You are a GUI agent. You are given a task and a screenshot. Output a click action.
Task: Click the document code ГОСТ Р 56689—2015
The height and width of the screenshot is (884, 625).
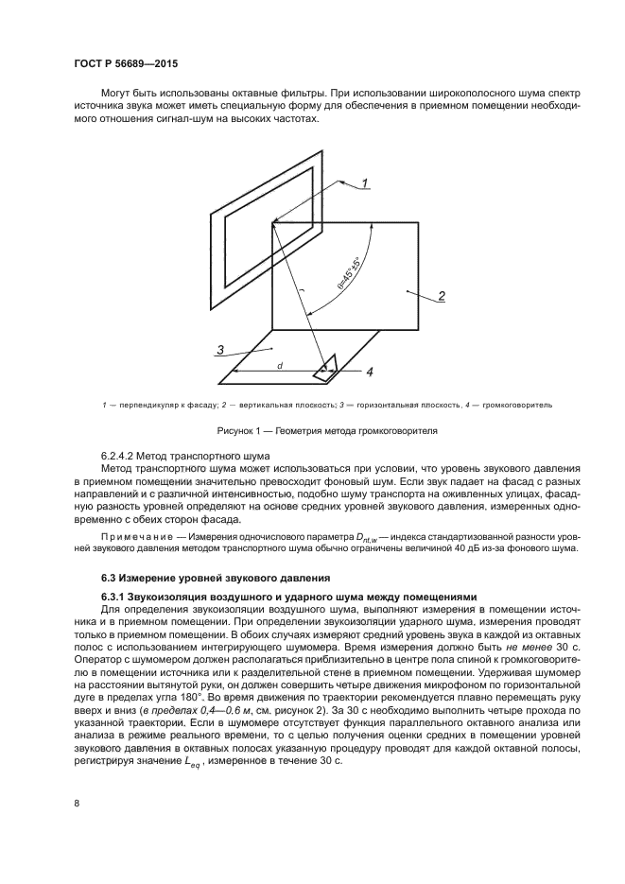125,62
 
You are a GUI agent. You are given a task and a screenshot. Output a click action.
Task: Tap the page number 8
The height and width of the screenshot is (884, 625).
77,803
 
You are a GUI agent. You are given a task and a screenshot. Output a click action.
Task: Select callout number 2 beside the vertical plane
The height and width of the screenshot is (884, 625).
441,296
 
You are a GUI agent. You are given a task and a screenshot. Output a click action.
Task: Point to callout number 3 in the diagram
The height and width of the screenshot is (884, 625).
219,350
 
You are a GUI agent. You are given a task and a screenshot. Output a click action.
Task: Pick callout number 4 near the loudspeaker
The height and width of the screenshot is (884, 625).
370,372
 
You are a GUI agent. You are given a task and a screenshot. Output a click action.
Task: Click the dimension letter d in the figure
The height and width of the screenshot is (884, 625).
280,363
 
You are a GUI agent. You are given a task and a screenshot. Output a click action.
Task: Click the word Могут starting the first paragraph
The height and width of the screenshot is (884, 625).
117,95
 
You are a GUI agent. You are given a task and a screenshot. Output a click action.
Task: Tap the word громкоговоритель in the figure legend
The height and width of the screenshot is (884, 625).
516,405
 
